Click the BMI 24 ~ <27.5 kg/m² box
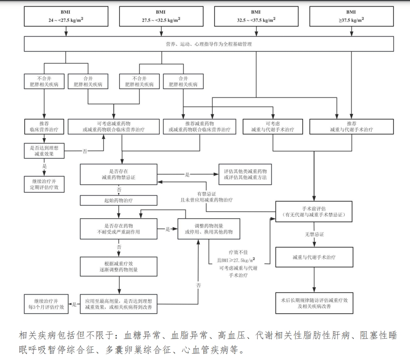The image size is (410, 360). (x=66, y=16)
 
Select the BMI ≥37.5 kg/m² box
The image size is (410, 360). (x=351, y=16)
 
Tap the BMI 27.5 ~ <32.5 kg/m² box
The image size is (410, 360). (x=161, y=16)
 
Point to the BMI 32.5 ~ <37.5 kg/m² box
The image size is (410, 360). (x=256, y=16)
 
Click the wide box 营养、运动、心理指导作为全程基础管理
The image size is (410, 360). (x=208, y=44)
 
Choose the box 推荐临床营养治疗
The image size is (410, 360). (x=44, y=127)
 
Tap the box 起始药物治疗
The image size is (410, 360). (x=119, y=201)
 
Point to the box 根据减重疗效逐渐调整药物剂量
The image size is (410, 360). (x=119, y=267)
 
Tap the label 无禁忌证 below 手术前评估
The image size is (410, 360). (x=314, y=234)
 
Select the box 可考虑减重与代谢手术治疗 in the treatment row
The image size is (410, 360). (x=272, y=127)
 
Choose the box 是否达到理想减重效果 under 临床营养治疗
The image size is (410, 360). (x=44, y=150)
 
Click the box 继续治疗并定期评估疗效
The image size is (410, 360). (x=44, y=184)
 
